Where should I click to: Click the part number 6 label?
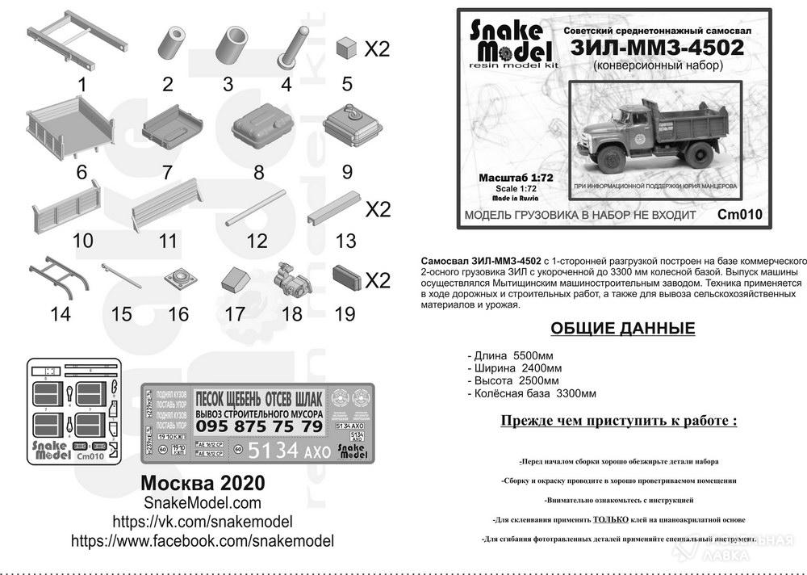pos(81,173)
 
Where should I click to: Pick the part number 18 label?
pos(291,313)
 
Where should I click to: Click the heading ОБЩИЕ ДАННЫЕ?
pos(622,329)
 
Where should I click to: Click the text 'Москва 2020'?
pos(202,482)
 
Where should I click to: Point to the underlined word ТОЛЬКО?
pos(611,520)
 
